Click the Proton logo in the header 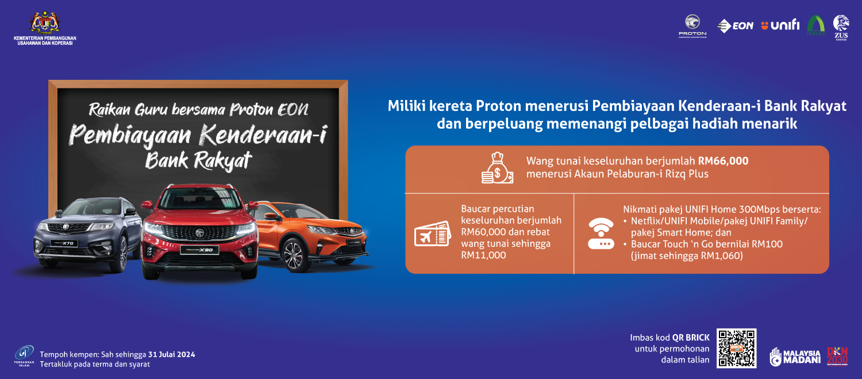tap(692, 26)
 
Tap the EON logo tap(735, 26)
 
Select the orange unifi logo tap(780, 25)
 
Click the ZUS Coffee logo tap(841, 27)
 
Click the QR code tap(737, 348)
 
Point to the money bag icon tap(497, 168)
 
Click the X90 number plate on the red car tap(198, 250)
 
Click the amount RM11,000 tap(483, 255)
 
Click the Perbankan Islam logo tap(24, 355)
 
